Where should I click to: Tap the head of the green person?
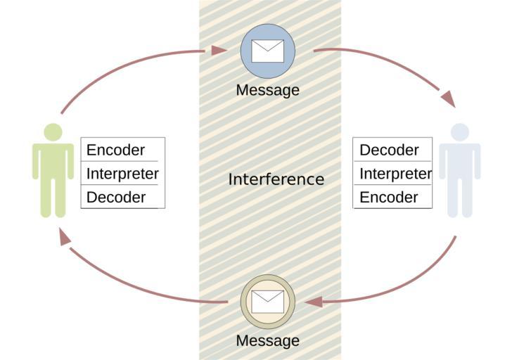53,132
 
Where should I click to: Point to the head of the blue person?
459,132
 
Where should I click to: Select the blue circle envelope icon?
268,51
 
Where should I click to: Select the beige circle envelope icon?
268,301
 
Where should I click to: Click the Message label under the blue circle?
268,90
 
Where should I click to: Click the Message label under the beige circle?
268,341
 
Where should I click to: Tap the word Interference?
276,179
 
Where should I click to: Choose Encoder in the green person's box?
115,150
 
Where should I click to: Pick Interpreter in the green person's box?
122,173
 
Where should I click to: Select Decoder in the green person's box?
115,197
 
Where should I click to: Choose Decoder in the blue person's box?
389,150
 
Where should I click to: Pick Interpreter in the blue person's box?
395,173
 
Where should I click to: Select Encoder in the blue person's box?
389,197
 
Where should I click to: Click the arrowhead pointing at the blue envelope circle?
219,50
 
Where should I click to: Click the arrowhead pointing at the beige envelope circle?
314,302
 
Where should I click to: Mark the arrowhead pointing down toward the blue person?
448,100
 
